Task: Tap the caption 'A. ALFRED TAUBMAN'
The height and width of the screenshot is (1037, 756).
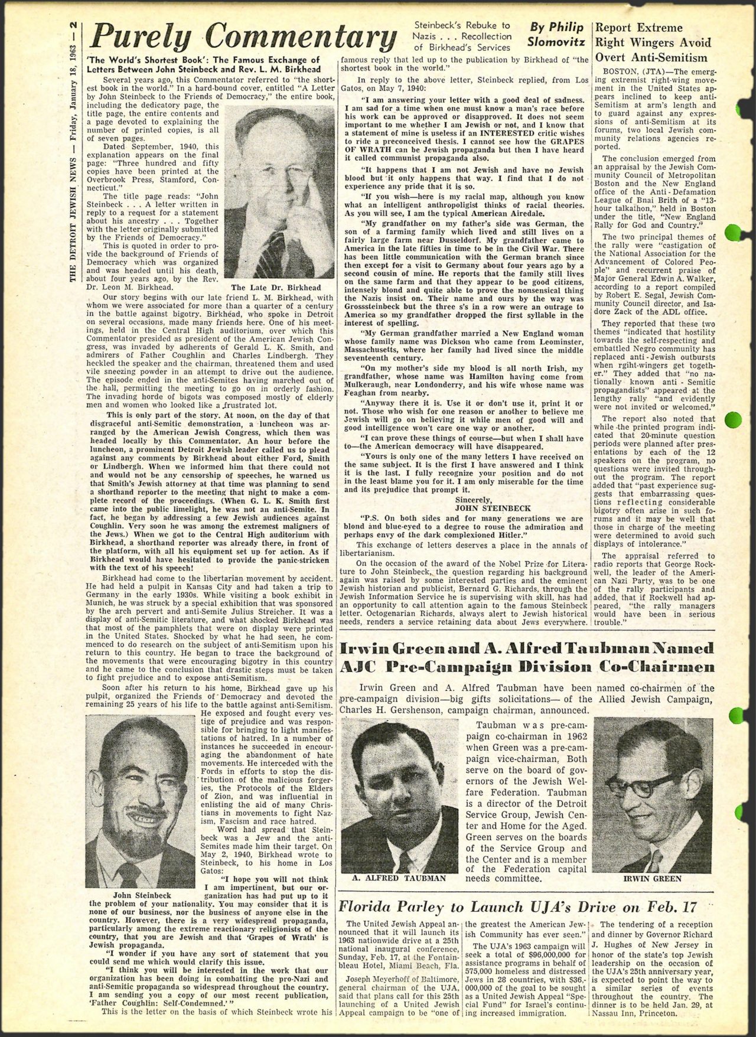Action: tap(399, 878)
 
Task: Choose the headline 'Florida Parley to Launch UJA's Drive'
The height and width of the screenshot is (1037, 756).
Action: tap(519, 907)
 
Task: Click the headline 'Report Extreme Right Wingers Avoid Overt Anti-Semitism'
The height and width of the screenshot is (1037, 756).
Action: tap(653, 43)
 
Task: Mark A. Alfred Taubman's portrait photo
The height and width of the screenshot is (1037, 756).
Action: tap(399, 795)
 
